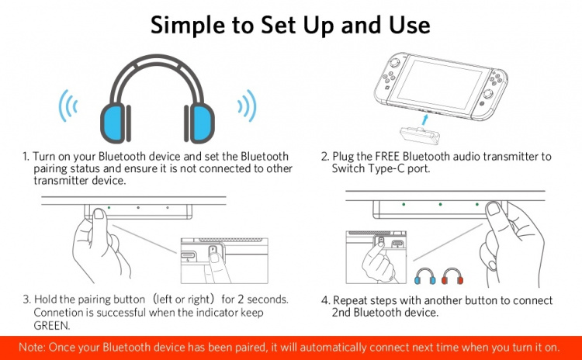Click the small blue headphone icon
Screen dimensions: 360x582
(424, 276)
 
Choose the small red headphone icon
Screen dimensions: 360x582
(451, 276)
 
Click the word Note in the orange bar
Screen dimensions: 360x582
(32, 347)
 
